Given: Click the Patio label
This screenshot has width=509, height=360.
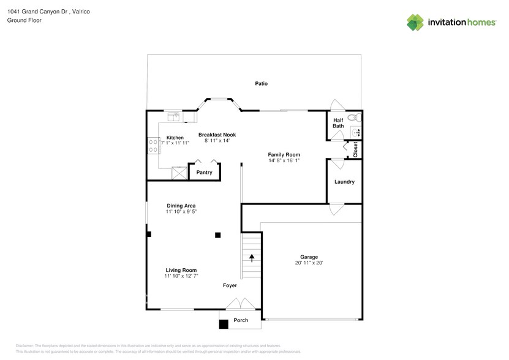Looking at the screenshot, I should (x=262, y=83).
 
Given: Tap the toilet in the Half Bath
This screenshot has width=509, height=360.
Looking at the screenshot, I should (x=352, y=118).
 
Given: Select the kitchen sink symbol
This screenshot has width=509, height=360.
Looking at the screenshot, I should (x=175, y=115).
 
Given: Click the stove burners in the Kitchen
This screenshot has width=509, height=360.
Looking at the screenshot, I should (x=153, y=145).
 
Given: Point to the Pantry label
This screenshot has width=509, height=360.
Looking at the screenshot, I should (x=204, y=173).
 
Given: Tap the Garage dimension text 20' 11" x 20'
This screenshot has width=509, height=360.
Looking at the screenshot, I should (x=309, y=263).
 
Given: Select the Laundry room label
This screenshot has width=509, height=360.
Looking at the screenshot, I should (x=344, y=182).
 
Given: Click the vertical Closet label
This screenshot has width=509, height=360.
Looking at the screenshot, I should (x=355, y=150).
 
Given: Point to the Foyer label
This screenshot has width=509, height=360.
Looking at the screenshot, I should (x=230, y=285).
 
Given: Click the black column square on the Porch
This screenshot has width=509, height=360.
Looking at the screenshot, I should (x=224, y=324).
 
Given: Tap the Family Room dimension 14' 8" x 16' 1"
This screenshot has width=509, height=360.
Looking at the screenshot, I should (x=284, y=161).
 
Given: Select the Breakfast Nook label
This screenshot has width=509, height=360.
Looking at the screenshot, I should (x=217, y=135).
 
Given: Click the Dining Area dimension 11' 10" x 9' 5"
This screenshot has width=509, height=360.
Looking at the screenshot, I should (x=181, y=212).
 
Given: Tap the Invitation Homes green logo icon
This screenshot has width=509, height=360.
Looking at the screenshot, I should (x=415, y=23).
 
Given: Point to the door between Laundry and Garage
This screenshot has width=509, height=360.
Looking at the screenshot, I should (x=336, y=209).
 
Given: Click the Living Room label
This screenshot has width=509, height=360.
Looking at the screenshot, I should (x=181, y=270).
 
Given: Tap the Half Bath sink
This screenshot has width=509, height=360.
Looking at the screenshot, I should (x=356, y=132).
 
